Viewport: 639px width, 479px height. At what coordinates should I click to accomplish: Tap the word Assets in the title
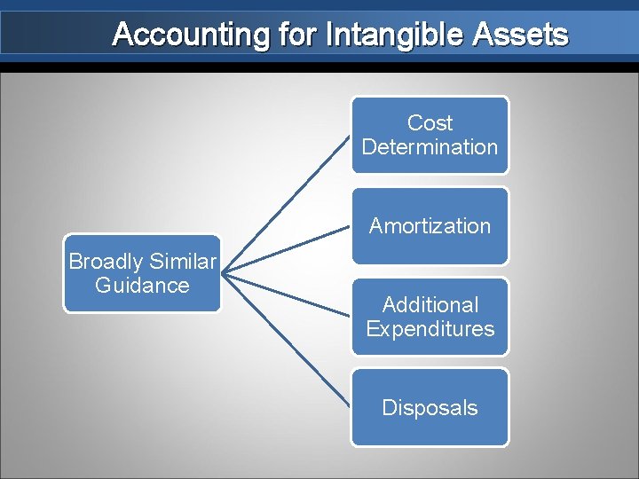(x=521, y=35)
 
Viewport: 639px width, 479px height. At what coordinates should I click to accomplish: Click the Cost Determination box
(x=430, y=135)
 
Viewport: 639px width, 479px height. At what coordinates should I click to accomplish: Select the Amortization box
(x=430, y=226)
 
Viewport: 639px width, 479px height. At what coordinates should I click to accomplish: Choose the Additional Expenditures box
(x=430, y=317)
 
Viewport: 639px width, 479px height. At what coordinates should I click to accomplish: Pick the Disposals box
(x=430, y=407)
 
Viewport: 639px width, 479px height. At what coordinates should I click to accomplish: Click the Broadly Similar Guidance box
(x=142, y=273)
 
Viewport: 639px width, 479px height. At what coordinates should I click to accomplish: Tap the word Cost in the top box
(x=430, y=123)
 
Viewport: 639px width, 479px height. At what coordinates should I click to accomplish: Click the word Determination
(x=430, y=147)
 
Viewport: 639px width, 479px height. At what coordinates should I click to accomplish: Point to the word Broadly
(x=105, y=262)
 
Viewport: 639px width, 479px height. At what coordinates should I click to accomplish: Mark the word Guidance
(x=142, y=286)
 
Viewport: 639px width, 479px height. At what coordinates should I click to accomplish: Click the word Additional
(x=430, y=305)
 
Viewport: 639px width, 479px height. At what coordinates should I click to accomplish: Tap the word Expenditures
(x=430, y=329)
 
